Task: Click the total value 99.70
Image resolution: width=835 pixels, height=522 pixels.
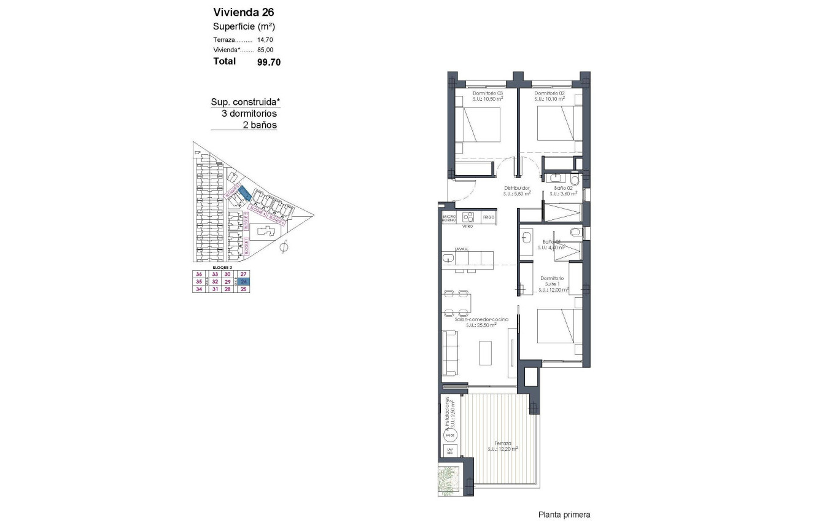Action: coord(269,62)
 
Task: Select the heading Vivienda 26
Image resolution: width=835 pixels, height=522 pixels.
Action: coord(235,12)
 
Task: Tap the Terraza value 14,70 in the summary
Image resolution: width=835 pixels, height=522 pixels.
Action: coord(265,39)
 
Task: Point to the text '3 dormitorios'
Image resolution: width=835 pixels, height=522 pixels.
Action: coord(249,114)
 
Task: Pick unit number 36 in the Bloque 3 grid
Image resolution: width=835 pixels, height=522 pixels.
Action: coord(198,275)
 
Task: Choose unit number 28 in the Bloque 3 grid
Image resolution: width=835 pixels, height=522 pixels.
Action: coord(227,289)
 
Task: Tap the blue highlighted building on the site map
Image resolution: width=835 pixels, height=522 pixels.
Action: coord(244,193)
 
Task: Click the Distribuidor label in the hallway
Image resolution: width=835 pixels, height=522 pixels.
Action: coord(517,188)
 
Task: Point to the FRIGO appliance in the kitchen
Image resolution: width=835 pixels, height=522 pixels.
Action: coord(489,217)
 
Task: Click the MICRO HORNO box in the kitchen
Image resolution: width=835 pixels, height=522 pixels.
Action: coord(449,218)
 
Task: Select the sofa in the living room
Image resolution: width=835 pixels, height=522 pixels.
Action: coord(449,353)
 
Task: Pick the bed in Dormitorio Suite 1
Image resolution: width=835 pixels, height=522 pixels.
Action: coord(559,326)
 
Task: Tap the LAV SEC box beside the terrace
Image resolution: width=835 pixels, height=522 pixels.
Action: coord(451,451)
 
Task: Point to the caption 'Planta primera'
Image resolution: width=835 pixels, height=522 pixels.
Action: coord(564,515)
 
